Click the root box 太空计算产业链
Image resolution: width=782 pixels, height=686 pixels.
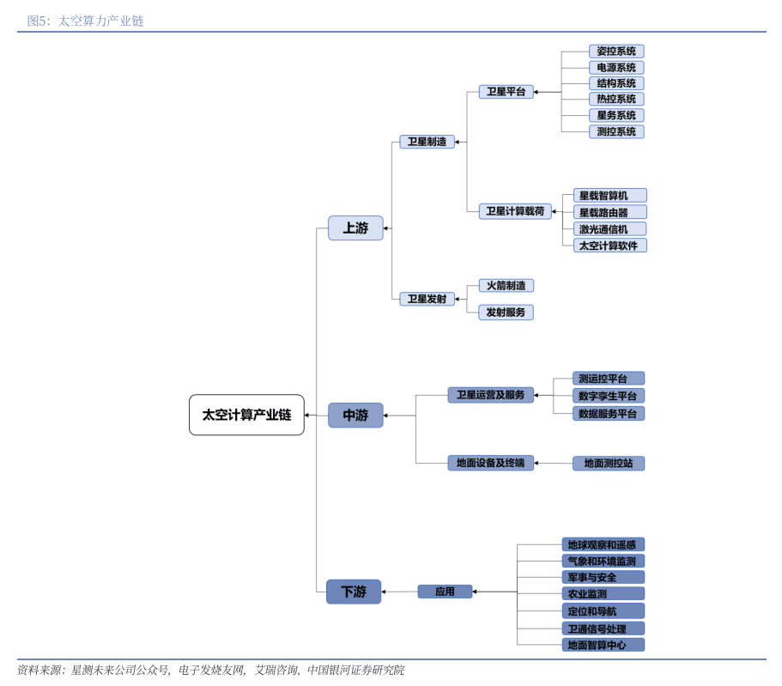point(246,415)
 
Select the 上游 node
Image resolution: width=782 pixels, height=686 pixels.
point(355,228)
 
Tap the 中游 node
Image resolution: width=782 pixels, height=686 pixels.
point(355,415)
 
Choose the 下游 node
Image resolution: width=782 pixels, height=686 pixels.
point(354,592)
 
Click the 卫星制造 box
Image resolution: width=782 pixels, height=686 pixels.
point(427,142)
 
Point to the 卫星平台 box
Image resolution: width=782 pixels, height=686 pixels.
point(506,92)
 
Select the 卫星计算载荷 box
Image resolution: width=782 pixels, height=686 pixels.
point(515,211)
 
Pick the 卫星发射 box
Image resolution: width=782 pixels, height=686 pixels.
point(427,299)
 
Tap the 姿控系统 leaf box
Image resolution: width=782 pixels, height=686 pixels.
point(615,52)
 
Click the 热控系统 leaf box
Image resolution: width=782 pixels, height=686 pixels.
point(615,100)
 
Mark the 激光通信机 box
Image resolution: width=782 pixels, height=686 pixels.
point(609,229)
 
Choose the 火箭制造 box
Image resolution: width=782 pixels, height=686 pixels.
point(506,285)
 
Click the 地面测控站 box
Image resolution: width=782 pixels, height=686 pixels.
point(608,464)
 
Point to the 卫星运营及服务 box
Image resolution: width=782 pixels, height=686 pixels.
point(490,395)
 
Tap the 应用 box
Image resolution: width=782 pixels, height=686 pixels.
point(445,592)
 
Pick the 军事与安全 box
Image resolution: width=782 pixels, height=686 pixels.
point(603,578)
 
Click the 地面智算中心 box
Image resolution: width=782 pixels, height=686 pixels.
point(603,645)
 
